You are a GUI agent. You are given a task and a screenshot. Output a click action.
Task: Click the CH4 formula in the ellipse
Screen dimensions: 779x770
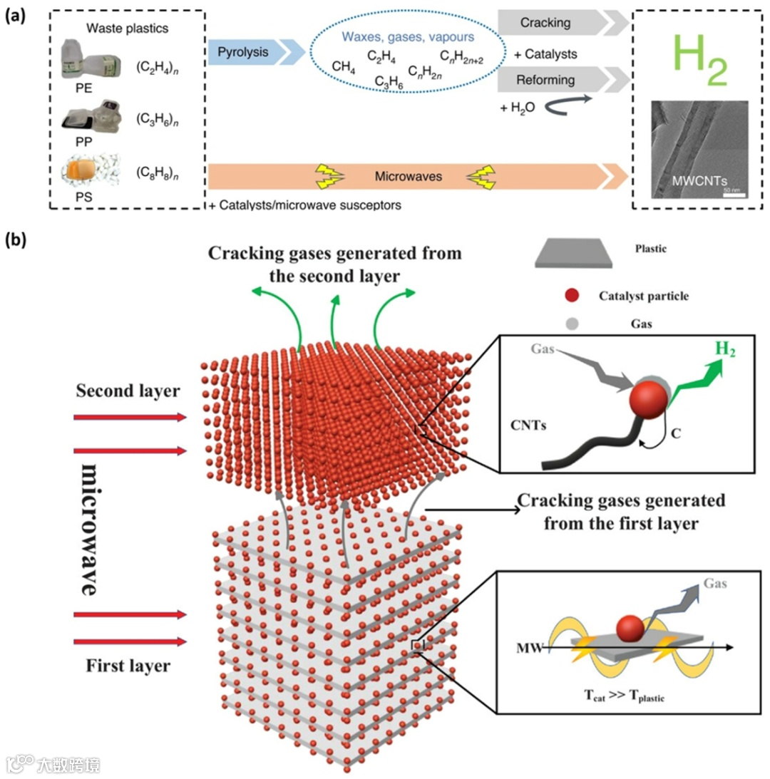coord(344,67)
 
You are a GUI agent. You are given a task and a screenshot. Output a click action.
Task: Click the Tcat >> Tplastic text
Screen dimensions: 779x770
coord(619,697)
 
